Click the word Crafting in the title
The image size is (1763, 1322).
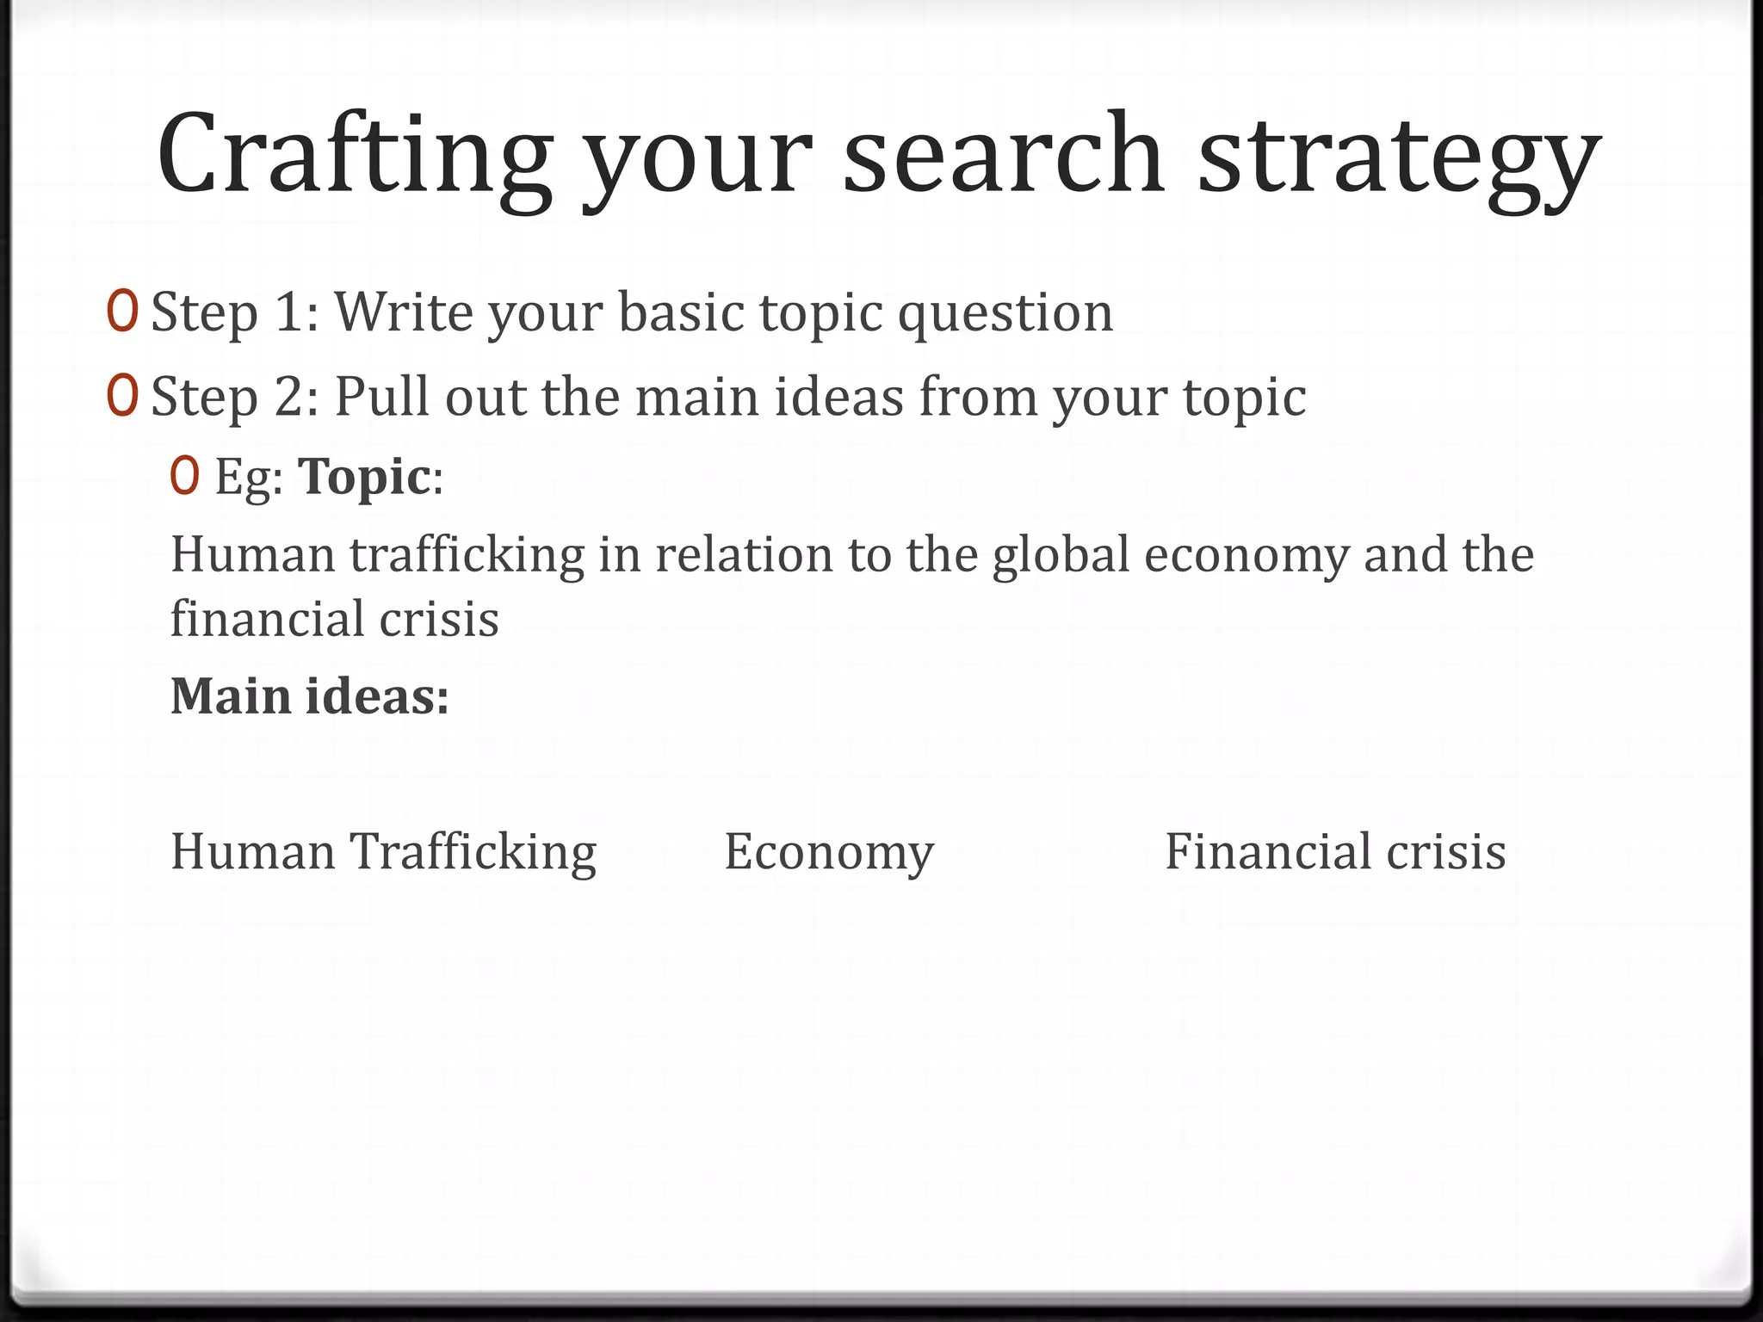click(x=353, y=155)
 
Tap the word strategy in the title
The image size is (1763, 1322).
click(x=1400, y=155)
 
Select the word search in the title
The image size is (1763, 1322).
click(x=1003, y=155)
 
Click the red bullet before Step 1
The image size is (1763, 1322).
click(x=122, y=312)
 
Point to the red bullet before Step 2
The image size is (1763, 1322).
click(x=122, y=396)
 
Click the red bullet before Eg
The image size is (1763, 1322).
click(x=184, y=476)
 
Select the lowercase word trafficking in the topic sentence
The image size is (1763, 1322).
click(x=467, y=555)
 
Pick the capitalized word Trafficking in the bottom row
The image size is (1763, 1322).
click(x=473, y=852)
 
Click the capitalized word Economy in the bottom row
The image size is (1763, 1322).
click(x=829, y=852)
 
